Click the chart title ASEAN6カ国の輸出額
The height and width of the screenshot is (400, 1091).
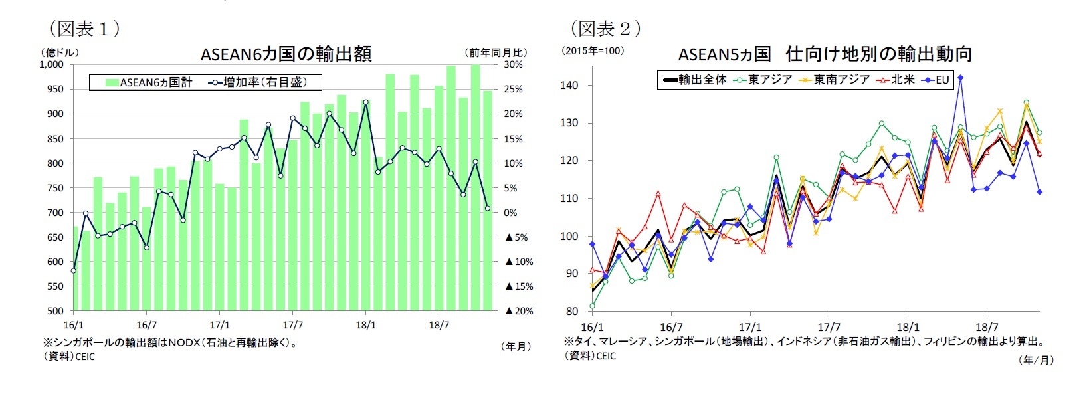(x=286, y=54)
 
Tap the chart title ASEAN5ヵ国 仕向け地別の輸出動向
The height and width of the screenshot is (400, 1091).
(x=825, y=54)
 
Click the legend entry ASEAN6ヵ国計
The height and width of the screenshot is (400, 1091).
(x=149, y=82)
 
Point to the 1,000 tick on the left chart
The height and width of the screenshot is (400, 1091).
(x=51, y=64)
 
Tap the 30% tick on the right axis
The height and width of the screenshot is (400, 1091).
(x=513, y=64)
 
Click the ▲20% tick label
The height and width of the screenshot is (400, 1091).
(x=519, y=311)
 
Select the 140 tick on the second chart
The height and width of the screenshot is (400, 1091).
(x=569, y=85)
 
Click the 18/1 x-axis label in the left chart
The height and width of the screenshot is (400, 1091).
(x=365, y=325)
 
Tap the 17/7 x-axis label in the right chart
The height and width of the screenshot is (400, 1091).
(x=829, y=327)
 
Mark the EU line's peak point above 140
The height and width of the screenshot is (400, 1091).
(x=960, y=78)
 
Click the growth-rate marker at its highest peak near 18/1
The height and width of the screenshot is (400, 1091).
(x=365, y=102)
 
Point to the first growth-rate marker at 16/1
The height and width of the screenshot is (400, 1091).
(x=73, y=270)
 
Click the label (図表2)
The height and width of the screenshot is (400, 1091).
(x=605, y=28)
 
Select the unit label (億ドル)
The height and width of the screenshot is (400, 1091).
(x=59, y=52)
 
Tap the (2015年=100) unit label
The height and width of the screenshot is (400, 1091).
(x=593, y=50)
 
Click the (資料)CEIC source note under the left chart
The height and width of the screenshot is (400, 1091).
(x=69, y=356)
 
